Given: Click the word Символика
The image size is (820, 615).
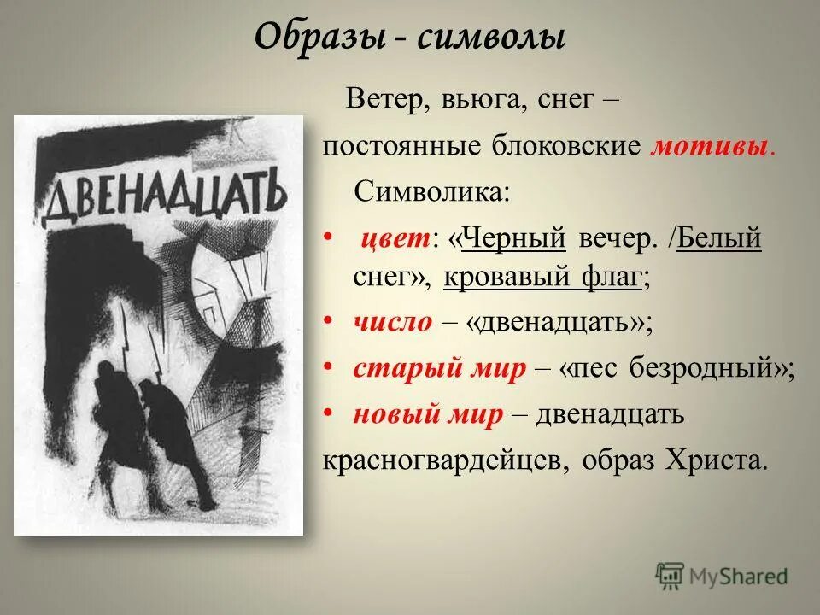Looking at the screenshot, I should click(x=431, y=190).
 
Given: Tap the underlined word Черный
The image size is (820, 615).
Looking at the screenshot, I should click(x=514, y=237).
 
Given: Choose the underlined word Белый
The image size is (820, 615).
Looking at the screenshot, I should click(x=722, y=237).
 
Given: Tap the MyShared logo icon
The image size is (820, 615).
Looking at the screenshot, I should click(x=670, y=577).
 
